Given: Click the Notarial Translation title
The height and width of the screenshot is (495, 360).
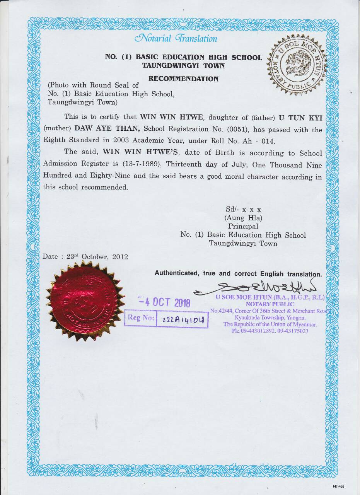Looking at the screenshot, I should click(176, 38).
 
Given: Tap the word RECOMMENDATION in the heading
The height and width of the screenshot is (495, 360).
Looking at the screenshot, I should click(183, 79).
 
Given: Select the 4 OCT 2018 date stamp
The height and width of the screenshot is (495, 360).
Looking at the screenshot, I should click(165, 302).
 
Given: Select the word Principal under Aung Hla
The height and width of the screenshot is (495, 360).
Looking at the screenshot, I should click(243, 226).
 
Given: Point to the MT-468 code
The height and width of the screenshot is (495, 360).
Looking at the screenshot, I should click(338, 486).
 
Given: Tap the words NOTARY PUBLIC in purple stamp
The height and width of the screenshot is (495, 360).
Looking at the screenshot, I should click(270, 304).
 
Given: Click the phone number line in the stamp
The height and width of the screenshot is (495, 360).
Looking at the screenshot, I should click(270, 331).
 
